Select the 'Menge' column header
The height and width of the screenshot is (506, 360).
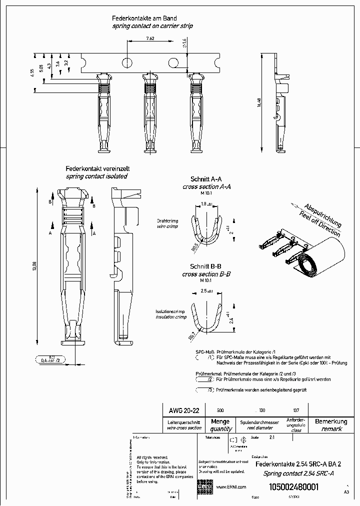(220, 421)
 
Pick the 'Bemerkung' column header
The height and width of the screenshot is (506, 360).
(331, 421)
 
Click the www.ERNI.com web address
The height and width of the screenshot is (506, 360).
(230, 487)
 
